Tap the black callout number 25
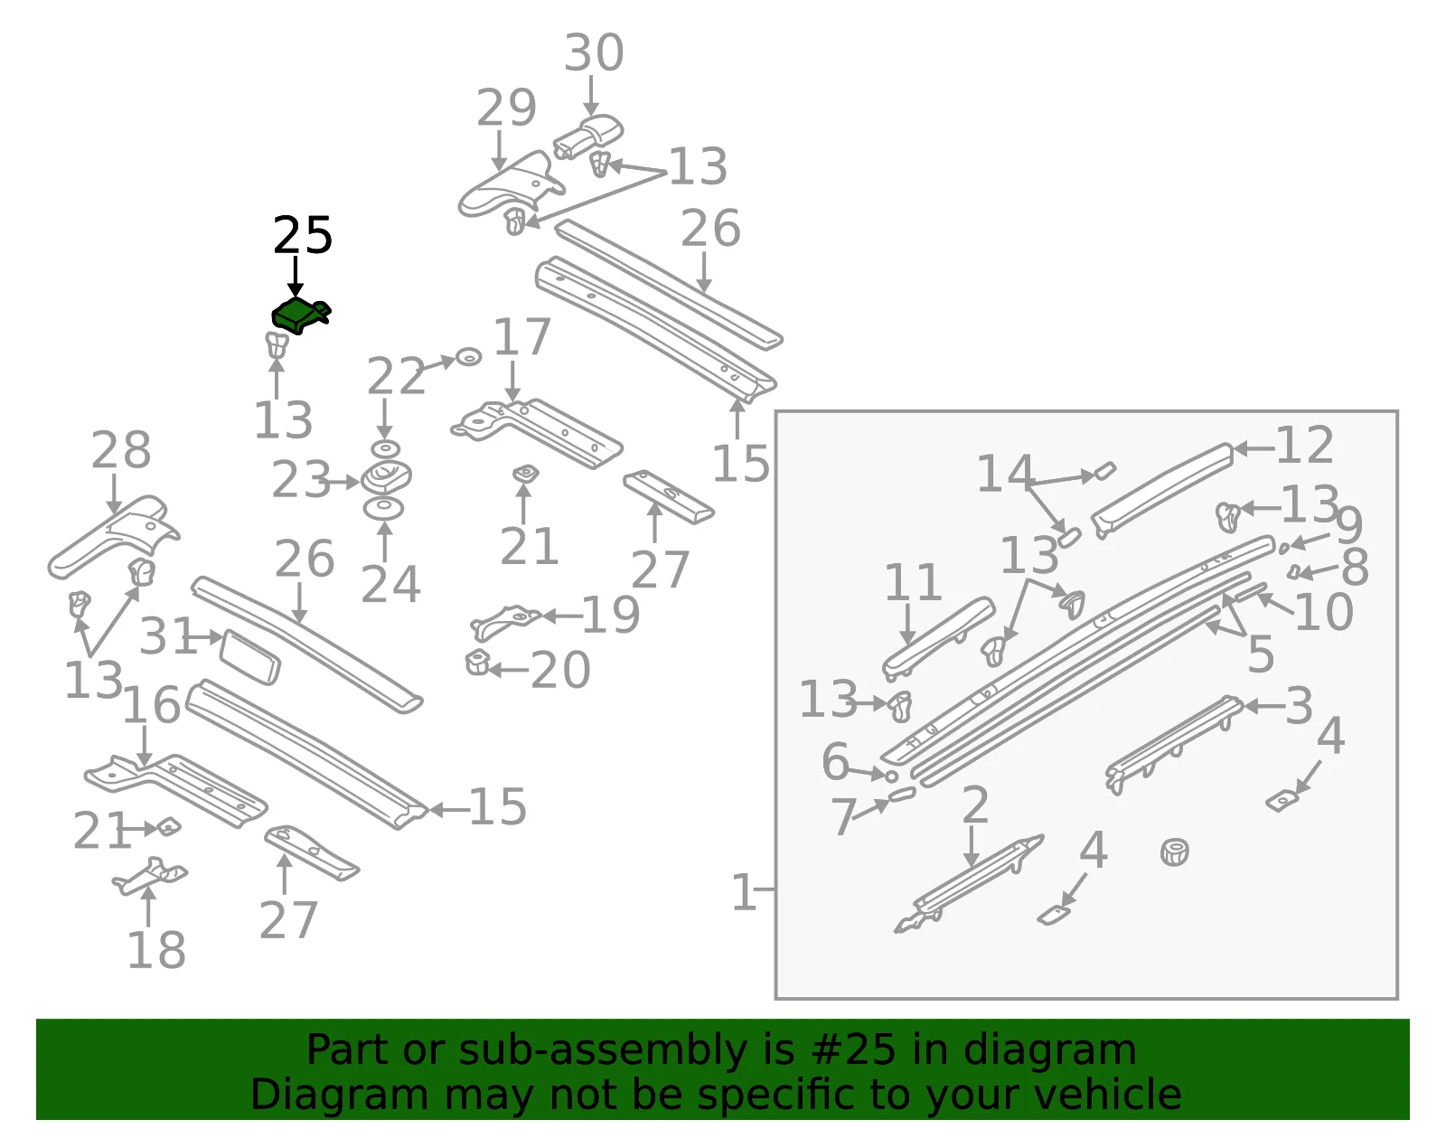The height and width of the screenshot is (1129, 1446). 303,236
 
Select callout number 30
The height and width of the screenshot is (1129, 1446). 594,52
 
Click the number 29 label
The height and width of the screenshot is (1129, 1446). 506,108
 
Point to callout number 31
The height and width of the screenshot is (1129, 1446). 168,636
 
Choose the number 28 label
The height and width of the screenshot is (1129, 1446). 121,450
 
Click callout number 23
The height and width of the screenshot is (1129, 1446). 301,480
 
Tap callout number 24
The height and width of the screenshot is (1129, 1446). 390,584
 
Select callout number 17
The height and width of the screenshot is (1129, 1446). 522,336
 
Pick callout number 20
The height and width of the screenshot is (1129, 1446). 560,670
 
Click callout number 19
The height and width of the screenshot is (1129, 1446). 610,616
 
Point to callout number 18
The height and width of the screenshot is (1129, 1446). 156,950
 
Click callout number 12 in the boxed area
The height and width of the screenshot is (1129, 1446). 1305,445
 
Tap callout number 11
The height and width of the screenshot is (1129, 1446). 912,583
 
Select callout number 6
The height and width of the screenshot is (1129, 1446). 835,761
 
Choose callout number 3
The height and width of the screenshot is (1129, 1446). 1299,706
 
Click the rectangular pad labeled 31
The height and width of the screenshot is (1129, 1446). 250,656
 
